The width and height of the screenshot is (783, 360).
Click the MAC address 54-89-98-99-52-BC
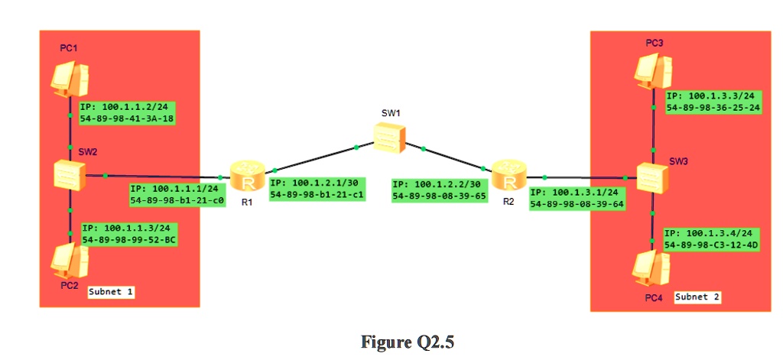(129, 239)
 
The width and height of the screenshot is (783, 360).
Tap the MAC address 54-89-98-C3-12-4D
(712, 245)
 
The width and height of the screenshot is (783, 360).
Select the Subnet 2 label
(697, 297)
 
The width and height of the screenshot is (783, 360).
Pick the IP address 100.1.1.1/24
(177, 189)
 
